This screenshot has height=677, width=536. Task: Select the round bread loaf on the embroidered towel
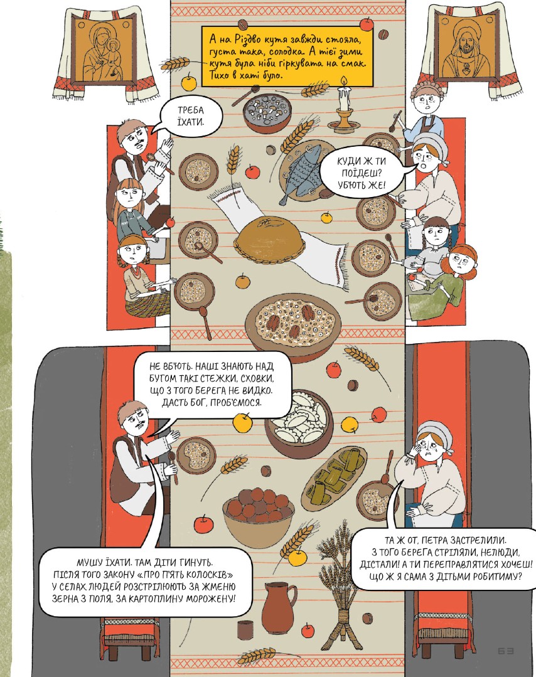click(270, 239)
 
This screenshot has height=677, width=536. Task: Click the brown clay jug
click(279, 607)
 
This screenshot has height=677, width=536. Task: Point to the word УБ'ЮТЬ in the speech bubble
click(353, 186)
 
